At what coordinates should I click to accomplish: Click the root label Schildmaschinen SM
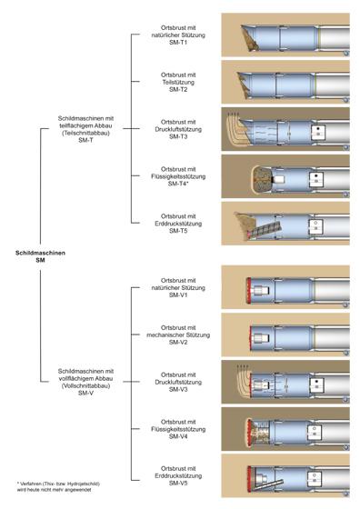pos(40,256)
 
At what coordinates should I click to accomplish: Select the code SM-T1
pos(178,42)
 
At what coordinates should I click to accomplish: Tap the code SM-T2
pos(178,89)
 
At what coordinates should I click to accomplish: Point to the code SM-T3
pos(178,136)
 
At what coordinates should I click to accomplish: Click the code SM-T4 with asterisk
pos(178,184)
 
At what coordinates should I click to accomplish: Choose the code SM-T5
pos(178,231)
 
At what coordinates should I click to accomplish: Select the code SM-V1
pos(178,295)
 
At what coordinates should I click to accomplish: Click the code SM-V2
pos(178,342)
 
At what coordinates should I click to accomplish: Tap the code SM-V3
pos(178,389)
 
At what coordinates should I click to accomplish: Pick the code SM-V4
pos(178,436)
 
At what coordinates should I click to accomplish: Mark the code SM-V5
pos(178,483)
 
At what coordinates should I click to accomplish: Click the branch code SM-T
pos(85,140)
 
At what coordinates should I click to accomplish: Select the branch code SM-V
pos(85,393)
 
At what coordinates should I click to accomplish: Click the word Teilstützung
pos(178,82)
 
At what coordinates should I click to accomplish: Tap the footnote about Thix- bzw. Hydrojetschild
pos(58,486)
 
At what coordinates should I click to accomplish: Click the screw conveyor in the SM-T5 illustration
pos(265,229)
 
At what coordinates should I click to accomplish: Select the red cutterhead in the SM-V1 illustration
pos(249,291)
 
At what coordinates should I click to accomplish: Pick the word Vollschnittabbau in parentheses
pos(85,385)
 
